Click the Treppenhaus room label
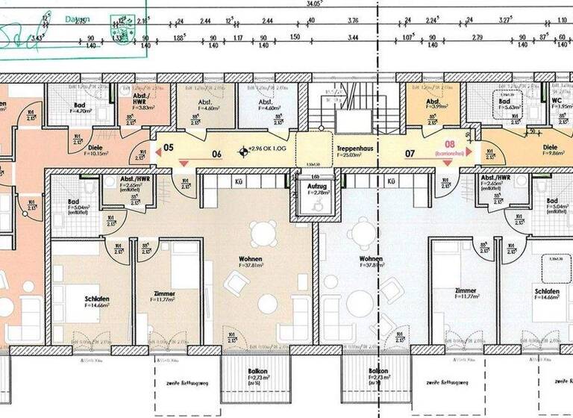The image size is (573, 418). click(353, 148)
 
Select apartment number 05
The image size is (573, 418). click(169, 148)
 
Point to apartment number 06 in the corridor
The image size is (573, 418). click(217, 155)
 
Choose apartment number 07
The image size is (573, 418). click(410, 155)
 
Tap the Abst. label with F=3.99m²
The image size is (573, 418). click(432, 102)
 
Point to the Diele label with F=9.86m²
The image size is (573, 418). click(550, 148)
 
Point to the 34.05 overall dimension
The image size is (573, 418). click(303, 3)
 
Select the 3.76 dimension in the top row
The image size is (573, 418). click(353, 22)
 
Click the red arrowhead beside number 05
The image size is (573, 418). click(157, 150)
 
